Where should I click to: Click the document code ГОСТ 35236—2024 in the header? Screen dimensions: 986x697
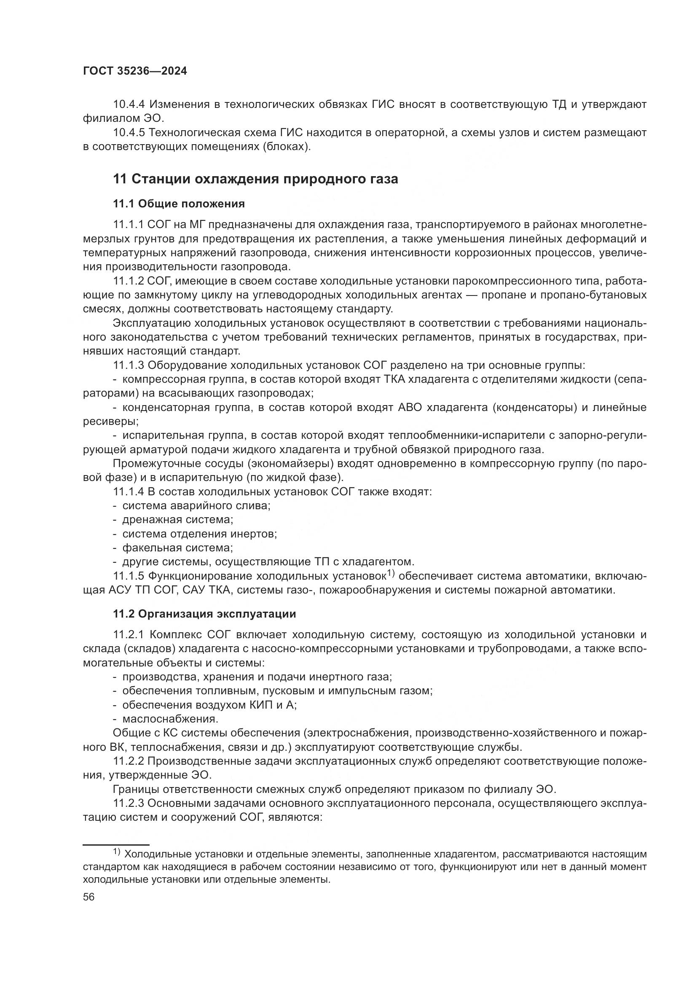point(135,71)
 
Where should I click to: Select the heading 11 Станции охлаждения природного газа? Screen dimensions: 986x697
point(255,179)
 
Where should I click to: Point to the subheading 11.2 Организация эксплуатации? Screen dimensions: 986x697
point(204,614)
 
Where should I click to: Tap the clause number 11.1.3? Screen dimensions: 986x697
point(128,365)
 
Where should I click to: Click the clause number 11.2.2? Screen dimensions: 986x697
point(128,761)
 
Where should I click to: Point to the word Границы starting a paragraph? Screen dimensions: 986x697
point(136,789)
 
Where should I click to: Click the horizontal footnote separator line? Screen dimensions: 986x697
point(116,845)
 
